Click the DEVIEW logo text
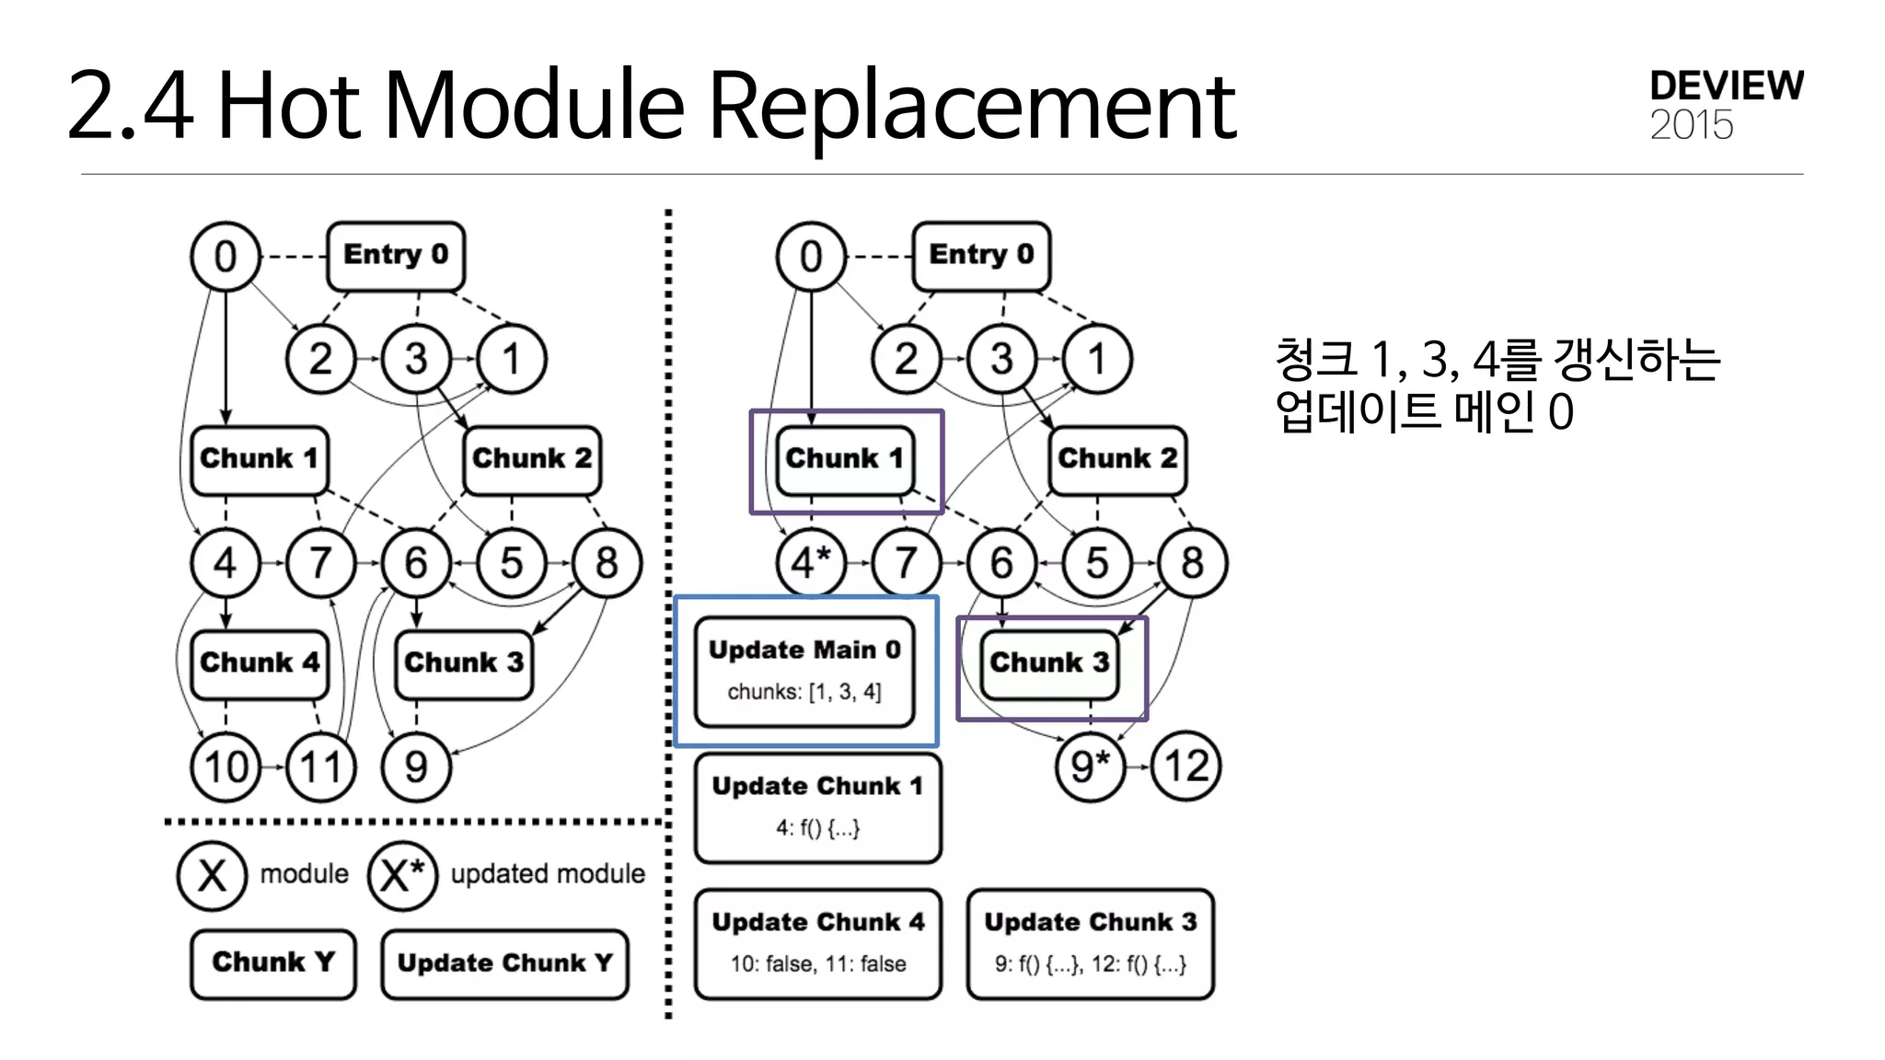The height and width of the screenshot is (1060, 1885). tap(1726, 86)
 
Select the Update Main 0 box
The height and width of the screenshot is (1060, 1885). tap(804, 671)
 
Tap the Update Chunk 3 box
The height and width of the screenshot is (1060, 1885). tap(1090, 943)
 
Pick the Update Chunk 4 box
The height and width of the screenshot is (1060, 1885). tap(818, 943)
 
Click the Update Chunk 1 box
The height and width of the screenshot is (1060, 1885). tap(818, 807)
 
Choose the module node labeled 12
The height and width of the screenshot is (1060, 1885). tap(1185, 766)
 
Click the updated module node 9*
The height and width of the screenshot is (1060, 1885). tap(1091, 766)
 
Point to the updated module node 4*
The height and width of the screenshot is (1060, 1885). tap(811, 562)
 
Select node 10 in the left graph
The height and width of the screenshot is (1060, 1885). tap(226, 766)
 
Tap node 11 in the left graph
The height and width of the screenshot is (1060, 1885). tap(321, 766)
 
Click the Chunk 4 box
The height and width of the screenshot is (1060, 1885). tap(260, 663)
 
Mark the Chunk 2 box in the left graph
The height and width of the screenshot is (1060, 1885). tap(532, 459)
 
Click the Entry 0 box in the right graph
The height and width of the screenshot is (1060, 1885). tap(981, 255)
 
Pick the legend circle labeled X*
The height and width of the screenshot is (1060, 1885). tap(402, 875)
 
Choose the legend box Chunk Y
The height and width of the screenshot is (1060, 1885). tap(273, 963)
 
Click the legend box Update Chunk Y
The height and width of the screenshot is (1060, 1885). tap(504, 963)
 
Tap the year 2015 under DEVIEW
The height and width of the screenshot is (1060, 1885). tap(1691, 125)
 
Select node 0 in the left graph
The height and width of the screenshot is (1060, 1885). tap(226, 256)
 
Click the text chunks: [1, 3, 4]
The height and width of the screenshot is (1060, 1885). tap(804, 692)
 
